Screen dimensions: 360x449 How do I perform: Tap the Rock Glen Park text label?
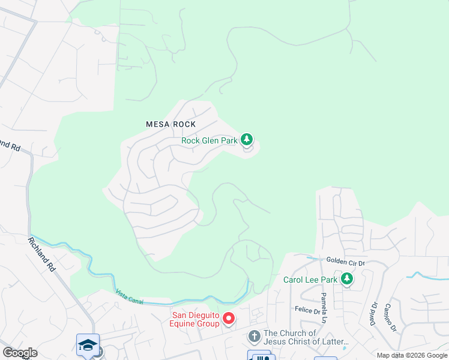tap(210, 141)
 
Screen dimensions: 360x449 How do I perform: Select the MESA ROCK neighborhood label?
tap(171, 124)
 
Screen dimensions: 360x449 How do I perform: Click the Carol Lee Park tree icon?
tap(346, 279)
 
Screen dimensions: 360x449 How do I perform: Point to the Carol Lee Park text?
tap(310, 280)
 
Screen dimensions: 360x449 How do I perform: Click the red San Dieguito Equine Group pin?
tap(228, 318)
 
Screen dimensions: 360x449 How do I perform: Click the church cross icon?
tap(254, 337)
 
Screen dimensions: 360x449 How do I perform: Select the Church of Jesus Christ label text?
tap(306, 338)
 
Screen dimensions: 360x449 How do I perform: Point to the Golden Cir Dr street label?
tap(346, 261)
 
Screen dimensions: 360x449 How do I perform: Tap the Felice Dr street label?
tap(307, 310)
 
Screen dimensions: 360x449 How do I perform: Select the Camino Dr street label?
tap(391, 317)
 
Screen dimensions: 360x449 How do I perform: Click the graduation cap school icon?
tap(88, 345)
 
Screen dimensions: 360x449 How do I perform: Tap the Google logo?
tap(20, 353)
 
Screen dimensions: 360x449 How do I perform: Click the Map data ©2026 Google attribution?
tap(412, 355)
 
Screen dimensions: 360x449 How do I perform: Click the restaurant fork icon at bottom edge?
tap(259, 356)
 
